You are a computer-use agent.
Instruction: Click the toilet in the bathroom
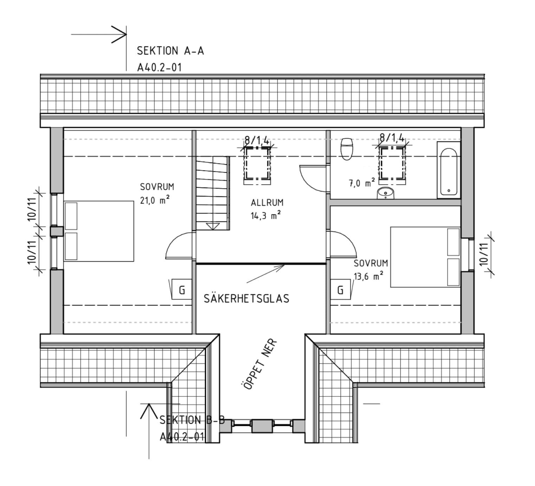(x=347, y=149)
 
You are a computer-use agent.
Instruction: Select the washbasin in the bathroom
(x=386, y=193)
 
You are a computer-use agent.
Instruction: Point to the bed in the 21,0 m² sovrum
(x=99, y=231)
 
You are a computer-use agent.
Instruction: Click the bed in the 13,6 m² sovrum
(x=425, y=257)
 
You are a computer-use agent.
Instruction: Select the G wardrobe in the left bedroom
(x=182, y=290)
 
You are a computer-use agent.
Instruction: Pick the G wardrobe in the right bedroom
(x=340, y=290)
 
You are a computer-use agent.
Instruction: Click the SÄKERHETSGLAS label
(x=246, y=299)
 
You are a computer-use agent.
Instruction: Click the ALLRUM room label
(x=267, y=203)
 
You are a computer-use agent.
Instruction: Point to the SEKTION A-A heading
(x=170, y=51)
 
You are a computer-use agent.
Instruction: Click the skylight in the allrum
(x=257, y=164)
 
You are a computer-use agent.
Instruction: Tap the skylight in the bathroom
(x=392, y=164)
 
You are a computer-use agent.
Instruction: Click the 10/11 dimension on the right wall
(x=484, y=254)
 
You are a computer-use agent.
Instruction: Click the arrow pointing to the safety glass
(x=266, y=274)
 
